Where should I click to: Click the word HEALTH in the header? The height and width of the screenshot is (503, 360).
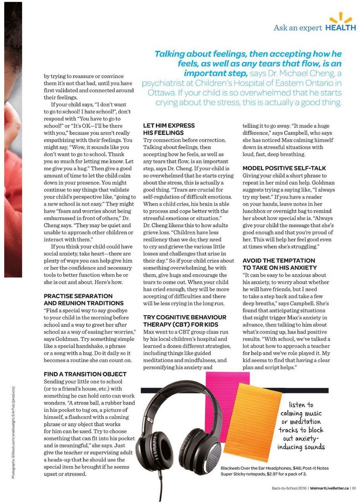[340, 28]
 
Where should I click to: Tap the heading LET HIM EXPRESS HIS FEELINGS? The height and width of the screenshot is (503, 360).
[169, 129]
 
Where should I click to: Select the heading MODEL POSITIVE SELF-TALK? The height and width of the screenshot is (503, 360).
[284, 168]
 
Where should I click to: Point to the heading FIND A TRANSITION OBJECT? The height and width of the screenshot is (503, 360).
[85, 374]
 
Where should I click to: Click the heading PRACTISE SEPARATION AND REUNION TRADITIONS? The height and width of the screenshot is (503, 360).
[84, 300]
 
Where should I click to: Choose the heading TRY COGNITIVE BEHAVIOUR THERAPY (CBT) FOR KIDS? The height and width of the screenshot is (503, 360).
[185, 321]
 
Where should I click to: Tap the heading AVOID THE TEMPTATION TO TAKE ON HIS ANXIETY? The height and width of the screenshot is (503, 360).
[279, 264]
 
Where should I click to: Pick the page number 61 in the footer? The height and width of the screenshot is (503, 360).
[354, 488]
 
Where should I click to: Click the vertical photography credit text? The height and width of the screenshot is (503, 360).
[13, 432]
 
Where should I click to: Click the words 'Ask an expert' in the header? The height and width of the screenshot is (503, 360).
[298, 28]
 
